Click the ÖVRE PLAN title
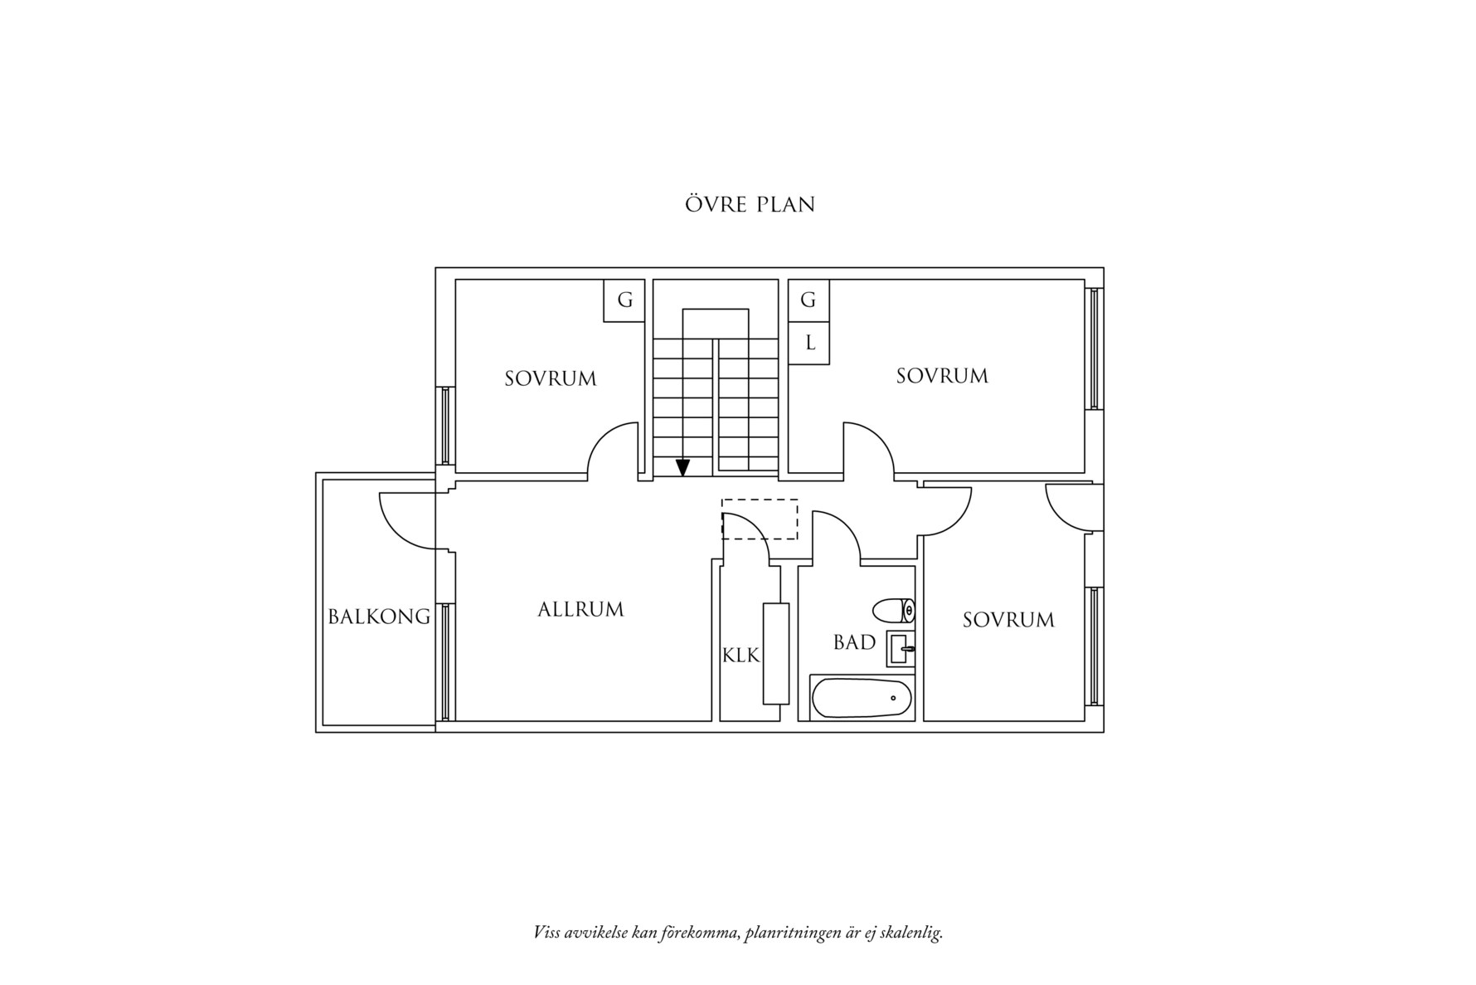point(750,203)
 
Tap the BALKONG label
point(379,617)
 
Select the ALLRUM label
point(580,609)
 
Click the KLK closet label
point(740,656)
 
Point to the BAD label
point(854,642)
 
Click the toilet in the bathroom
point(894,611)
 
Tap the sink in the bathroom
point(901,648)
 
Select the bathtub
point(862,698)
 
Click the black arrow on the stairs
point(682,467)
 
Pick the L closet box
point(808,343)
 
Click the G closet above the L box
point(808,300)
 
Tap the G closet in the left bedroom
point(624,300)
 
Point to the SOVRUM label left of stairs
point(551,378)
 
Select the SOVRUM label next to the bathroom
point(1008,619)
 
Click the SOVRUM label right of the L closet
point(942,376)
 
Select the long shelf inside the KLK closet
point(776,654)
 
